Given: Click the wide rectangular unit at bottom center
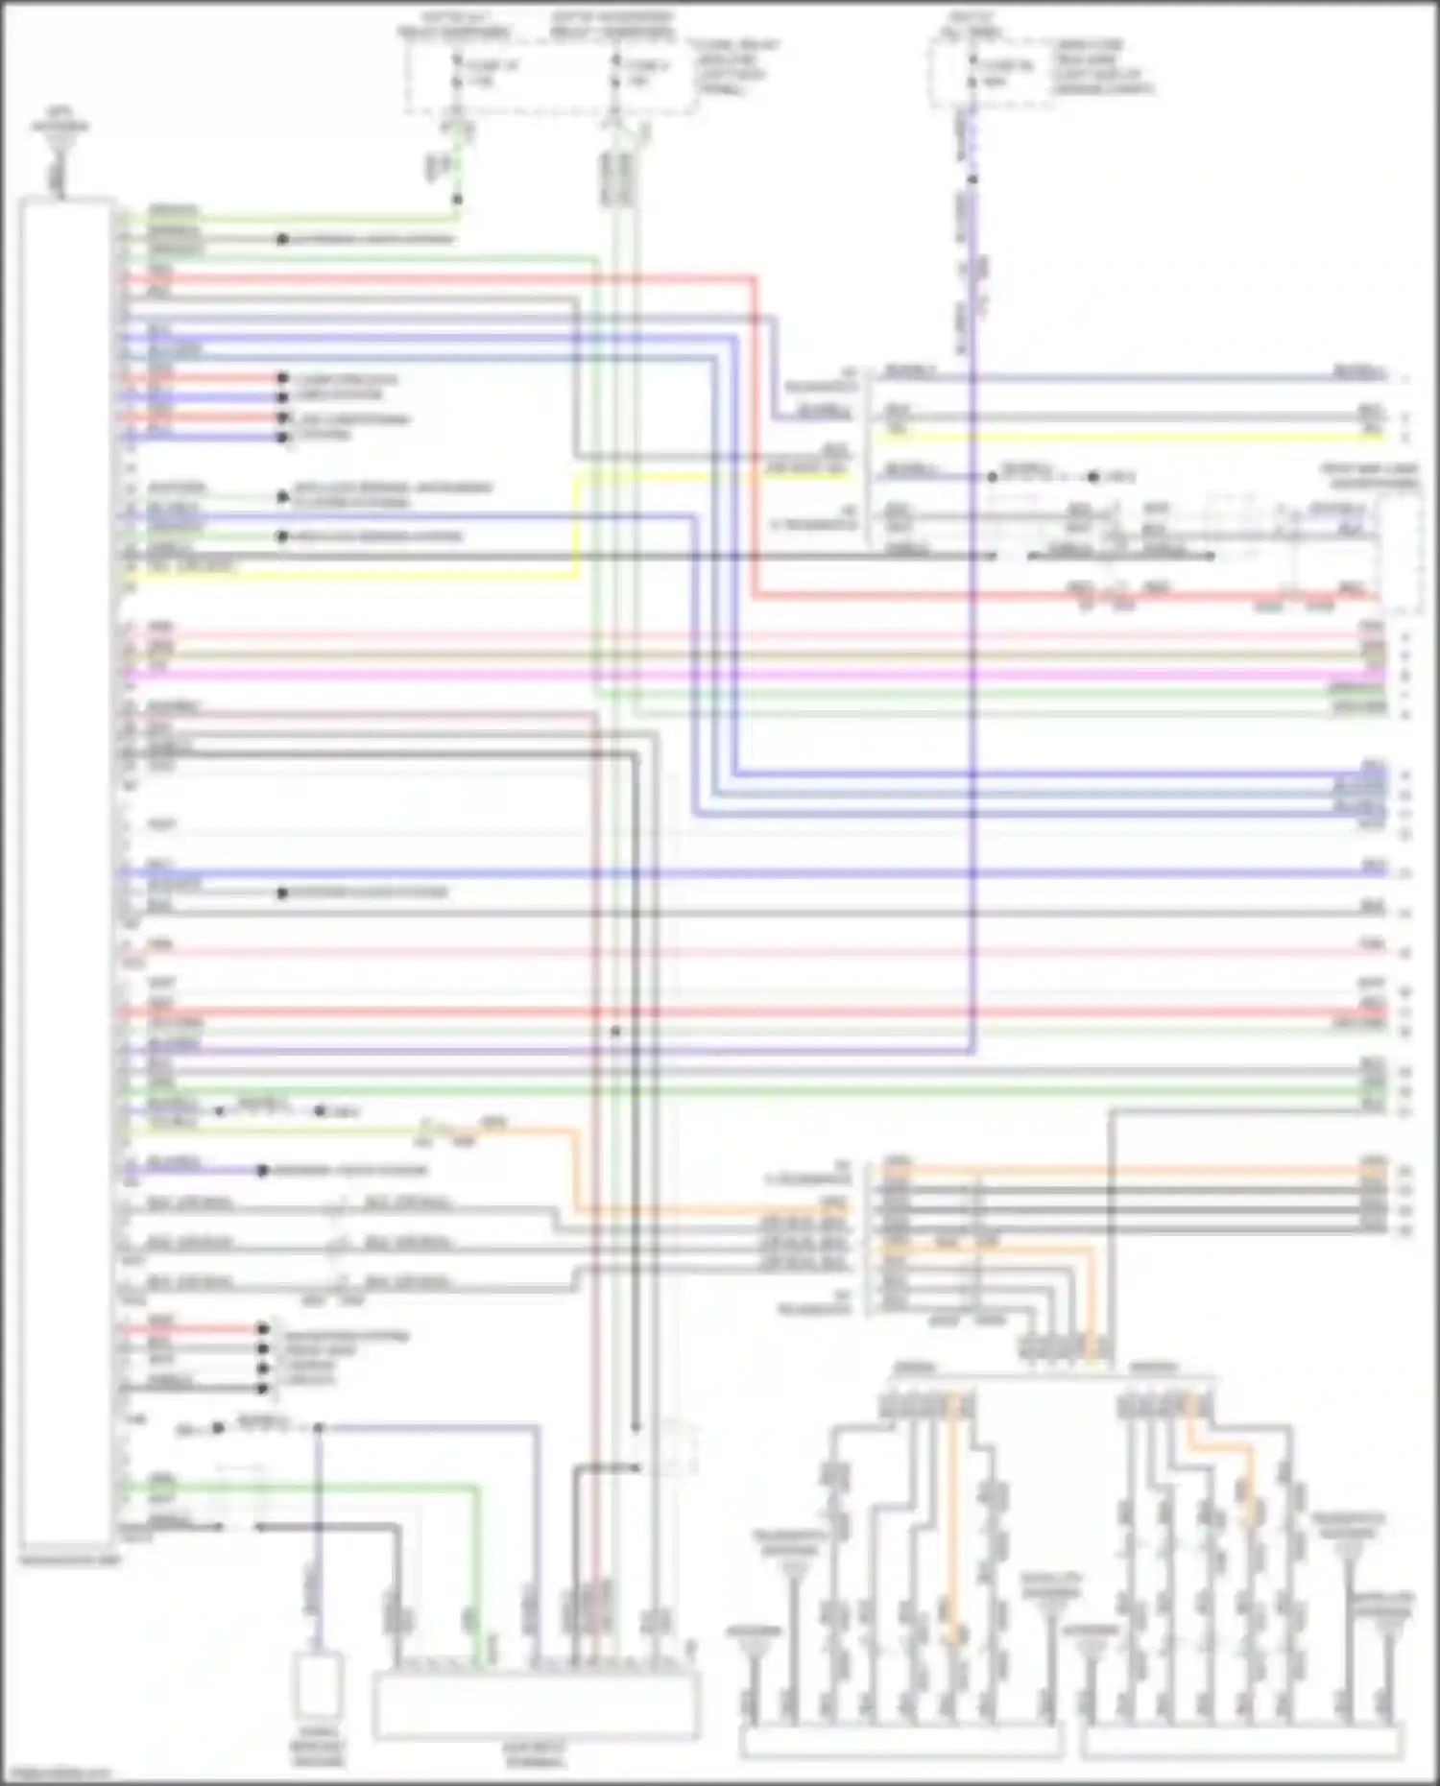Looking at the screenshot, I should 536,1703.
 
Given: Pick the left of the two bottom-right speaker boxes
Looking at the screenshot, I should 900,1740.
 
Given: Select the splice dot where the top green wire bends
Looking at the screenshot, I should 458,200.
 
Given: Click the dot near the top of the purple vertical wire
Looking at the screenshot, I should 972,179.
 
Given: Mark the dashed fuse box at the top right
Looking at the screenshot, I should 989,72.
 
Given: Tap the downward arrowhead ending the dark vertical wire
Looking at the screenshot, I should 636,1427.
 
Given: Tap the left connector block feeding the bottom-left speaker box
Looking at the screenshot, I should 926,1407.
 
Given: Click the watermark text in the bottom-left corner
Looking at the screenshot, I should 53,1774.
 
